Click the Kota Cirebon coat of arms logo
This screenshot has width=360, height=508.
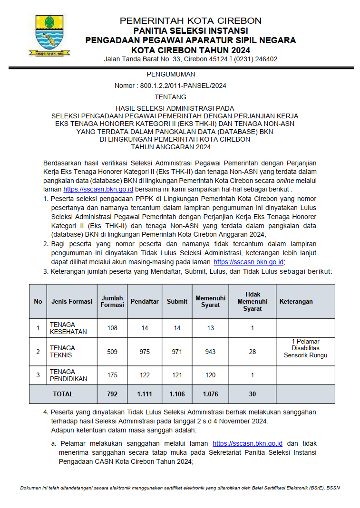click(x=49, y=36)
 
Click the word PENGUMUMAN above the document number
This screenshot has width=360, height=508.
click(x=171, y=74)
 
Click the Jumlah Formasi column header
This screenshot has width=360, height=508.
click(x=112, y=301)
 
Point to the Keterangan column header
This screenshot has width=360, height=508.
click(x=296, y=301)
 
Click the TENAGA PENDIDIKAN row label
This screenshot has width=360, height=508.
click(x=69, y=375)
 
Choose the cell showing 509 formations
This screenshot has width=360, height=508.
click(x=112, y=352)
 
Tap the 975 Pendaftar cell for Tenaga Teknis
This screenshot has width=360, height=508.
click(x=145, y=352)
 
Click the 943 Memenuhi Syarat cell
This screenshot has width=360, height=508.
click(x=210, y=352)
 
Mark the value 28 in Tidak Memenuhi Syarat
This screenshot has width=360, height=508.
click(x=253, y=352)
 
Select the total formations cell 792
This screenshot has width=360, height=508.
click(x=112, y=394)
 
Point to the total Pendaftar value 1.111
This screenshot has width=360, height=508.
click(x=145, y=394)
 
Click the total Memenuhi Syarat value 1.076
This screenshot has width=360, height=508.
click(x=210, y=394)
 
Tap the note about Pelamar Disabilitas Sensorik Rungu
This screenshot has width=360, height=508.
click(x=305, y=348)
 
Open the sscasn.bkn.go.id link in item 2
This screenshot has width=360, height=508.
click(x=249, y=262)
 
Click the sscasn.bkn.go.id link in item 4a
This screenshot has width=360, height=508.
click(x=248, y=443)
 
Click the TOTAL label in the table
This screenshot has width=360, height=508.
click(x=63, y=394)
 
